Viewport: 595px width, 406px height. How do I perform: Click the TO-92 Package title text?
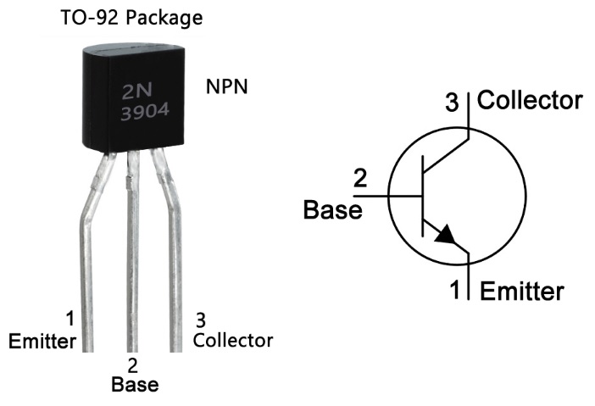click(x=131, y=18)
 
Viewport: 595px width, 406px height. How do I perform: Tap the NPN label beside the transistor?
click(x=226, y=86)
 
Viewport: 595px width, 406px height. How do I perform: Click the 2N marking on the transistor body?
click(x=137, y=91)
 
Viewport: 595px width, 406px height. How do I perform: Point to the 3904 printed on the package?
click(x=145, y=112)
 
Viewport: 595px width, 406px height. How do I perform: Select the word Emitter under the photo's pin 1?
click(x=42, y=341)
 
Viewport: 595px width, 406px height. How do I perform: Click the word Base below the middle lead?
click(x=135, y=384)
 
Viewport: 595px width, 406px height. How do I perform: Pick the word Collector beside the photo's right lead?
click(x=232, y=340)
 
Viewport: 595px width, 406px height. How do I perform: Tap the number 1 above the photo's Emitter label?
click(x=70, y=319)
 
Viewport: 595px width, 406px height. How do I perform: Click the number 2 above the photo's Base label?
click(x=133, y=365)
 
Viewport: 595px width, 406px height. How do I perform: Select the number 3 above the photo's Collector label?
click(x=201, y=320)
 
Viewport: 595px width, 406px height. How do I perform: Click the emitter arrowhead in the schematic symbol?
click(x=446, y=234)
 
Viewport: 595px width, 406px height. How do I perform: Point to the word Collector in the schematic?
click(x=530, y=100)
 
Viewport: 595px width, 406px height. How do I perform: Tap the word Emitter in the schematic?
click(x=522, y=291)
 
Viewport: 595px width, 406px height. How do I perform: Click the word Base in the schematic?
click(x=333, y=209)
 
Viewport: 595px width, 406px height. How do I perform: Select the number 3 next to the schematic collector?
click(x=452, y=103)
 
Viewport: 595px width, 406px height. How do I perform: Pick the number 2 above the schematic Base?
click(x=360, y=178)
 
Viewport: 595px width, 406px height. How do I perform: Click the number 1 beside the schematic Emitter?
click(x=455, y=289)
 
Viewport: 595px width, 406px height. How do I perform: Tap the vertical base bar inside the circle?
click(x=422, y=196)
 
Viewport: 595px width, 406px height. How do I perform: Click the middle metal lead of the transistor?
click(x=132, y=250)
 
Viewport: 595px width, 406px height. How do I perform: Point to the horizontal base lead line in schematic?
click(x=387, y=196)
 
